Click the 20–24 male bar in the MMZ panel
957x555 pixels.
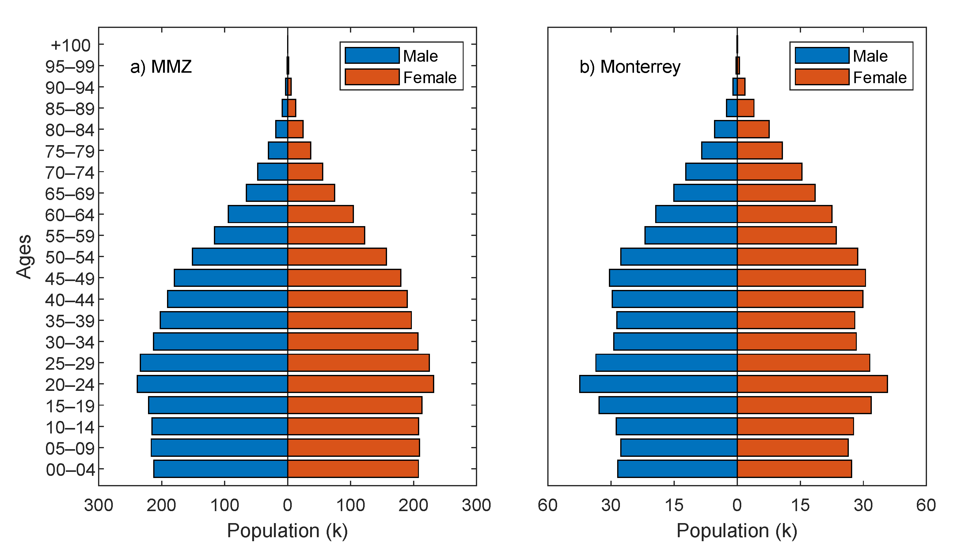pyautogui.click(x=213, y=384)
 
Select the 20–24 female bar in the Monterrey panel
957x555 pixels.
pyautogui.click(x=812, y=384)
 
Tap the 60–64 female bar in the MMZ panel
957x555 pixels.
pyautogui.click(x=321, y=214)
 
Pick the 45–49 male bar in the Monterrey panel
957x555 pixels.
pyautogui.click(x=673, y=278)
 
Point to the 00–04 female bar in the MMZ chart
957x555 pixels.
pyautogui.click(x=353, y=469)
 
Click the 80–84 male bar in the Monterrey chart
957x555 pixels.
pyautogui.click(x=726, y=129)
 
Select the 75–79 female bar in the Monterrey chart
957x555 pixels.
pyautogui.click(x=760, y=151)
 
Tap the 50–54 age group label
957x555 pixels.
pyautogui.click(x=70, y=258)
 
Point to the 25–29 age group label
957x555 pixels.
pyautogui.click(x=70, y=364)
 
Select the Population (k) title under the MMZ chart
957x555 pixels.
pyautogui.click(x=287, y=531)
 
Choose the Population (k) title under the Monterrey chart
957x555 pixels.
pyautogui.click(x=737, y=531)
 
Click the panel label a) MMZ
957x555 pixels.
pyautogui.click(x=161, y=67)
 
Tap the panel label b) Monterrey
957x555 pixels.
pyautogui.click(x=630, y=67)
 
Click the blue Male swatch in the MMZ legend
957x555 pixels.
pyautogui.click(x=372, y=56)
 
